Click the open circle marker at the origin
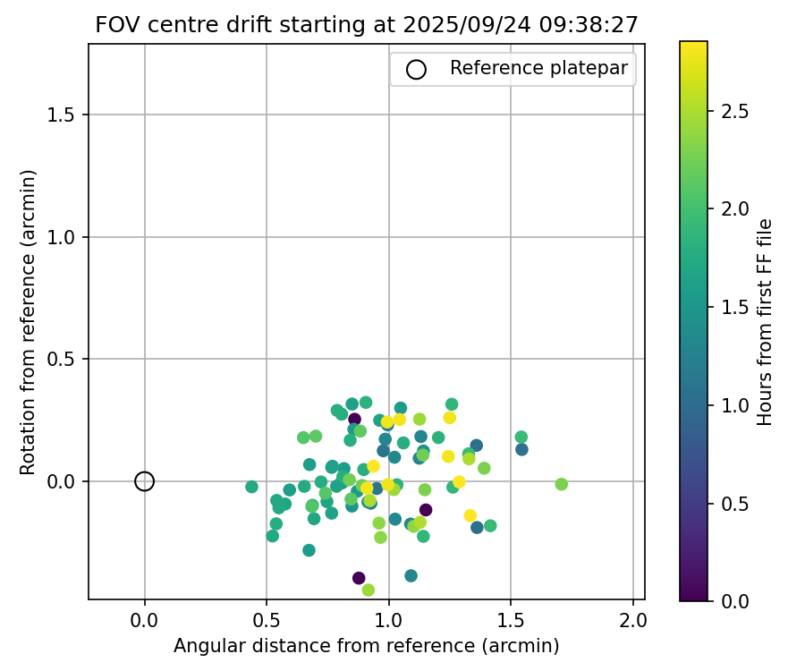click(144, 481)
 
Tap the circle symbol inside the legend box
click(416, 69)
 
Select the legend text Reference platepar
click(538, 69)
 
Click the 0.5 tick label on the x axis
click(267, 619)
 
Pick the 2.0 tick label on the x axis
click(633, 619)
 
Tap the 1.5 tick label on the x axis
click(511, 619)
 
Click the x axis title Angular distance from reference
click(366, 646)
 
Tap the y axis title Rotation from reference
click(28, 322)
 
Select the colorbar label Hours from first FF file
click(765, 322)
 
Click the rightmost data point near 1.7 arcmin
click(561, 484)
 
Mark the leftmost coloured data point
click(251, 487)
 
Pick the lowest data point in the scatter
click(368, 590)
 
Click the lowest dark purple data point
click(359, 578)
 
